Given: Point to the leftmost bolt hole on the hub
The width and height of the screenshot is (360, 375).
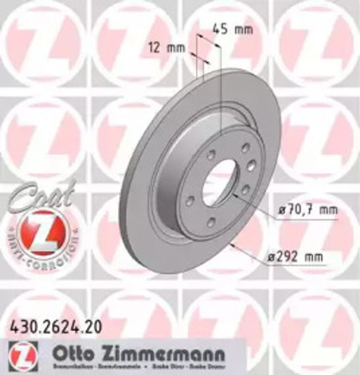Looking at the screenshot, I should click(x=190, y=201).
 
